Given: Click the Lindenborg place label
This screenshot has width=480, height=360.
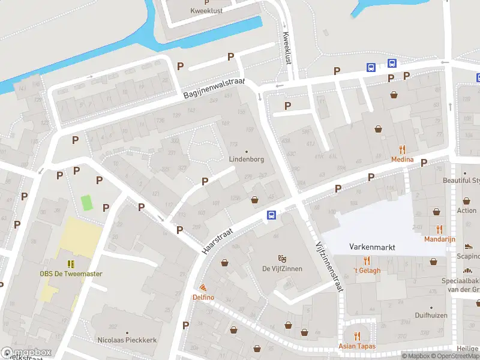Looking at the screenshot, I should pyautogui.click(x=246, y=160).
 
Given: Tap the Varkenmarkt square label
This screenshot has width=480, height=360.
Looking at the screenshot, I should pyautogui.click(x=371, y=247).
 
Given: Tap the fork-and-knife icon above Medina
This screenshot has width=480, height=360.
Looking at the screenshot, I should pyautogui.click(x=402, y=149).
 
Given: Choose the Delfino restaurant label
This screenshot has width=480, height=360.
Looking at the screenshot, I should pyautogui.click(x=203, y=298).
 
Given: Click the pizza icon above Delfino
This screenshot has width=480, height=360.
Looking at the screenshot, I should pyautogui.click(x=203, y=288).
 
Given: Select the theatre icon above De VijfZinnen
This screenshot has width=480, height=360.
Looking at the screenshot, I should pyautogui.click(x=282, y=259).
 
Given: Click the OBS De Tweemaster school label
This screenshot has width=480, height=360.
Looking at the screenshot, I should pyautogui.click(x=71, y=274).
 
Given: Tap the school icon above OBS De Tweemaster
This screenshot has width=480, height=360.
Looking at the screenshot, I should pyautogui.click(x=71, y=264).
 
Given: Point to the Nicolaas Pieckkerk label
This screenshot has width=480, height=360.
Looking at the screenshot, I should pyautogui.click(x=127, y=340).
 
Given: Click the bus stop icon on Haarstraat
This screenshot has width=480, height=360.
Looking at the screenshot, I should pyautogui.click(x=271, y=215).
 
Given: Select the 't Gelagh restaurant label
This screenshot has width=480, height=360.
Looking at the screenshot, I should pyautogui.click(x=367, y=270).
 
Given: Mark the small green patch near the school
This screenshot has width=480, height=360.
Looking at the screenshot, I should pyautogui.click(x=88, y=202).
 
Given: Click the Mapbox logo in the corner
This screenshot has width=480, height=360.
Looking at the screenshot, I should pyautogui.click(x=26, y=353).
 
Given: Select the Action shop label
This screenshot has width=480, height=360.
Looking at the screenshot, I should pyautogui.click(x=466, y=211).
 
